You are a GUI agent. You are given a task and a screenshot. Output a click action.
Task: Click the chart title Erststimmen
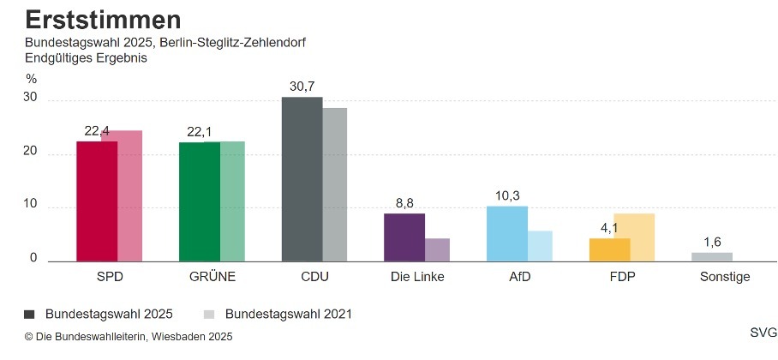[x=102, y=20]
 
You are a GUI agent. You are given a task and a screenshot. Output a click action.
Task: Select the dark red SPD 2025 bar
[x=97, y=201]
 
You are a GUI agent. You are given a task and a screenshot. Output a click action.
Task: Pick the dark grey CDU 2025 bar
[x=302, y=179]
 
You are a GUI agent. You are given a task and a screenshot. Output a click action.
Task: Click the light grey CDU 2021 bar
[x=335, y=184]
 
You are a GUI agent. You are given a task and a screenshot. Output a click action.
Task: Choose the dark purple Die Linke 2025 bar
[x=404, y=237]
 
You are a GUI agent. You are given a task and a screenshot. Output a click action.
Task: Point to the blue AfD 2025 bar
[x=507, y=233]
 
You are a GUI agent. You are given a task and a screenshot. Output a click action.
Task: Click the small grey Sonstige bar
[x=712, y=256]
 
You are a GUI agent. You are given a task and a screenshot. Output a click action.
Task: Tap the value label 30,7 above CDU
[x=302, y=87]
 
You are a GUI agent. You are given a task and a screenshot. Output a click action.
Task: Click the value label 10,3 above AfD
[x=507, y=196]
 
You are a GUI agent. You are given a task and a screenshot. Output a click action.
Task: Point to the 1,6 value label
[x=712, y=242]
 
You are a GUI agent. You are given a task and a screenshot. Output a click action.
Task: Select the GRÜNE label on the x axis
[x=212, y=277]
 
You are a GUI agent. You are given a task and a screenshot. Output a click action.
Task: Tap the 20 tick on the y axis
[x=31, y=152]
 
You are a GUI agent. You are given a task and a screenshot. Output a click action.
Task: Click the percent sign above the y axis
[x=31, y=79]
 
